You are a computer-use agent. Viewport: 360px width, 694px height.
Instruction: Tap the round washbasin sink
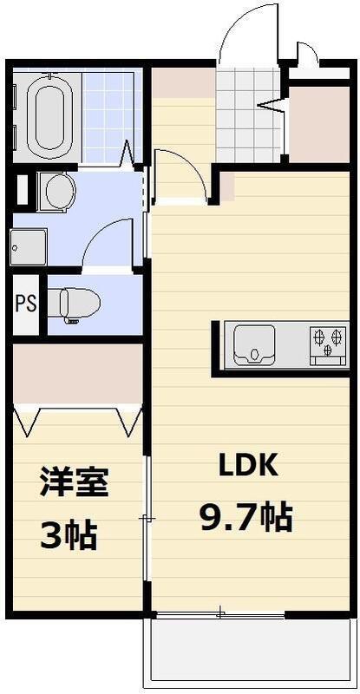tap(60, 191)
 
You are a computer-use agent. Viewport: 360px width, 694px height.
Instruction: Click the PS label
tap(25, 304)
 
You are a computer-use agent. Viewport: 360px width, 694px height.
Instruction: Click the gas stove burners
tap(329, 339)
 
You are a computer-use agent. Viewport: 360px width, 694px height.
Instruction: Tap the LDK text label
tap(247, 466)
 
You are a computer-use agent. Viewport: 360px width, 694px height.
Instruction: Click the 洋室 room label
tap(74, 482)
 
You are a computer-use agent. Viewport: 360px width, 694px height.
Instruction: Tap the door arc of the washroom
tap(105, 243)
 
